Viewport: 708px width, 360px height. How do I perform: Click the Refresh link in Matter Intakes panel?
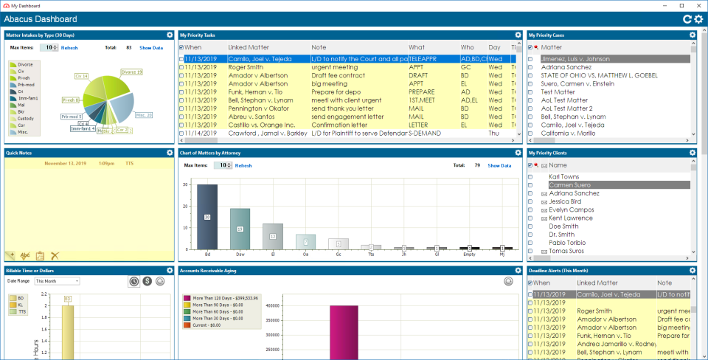(69, 47)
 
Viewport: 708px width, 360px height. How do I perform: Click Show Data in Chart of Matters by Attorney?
(499, 165)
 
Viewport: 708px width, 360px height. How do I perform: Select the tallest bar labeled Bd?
(207, 216)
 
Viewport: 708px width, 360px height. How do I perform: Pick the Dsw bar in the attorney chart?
(240, 229)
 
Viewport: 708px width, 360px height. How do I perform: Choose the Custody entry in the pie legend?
(25, 117)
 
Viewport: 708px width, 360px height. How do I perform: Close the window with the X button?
(697, 5)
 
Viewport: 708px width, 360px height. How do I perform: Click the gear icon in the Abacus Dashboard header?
(698, 19)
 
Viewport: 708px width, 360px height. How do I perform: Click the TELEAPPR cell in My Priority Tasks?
(426, 58)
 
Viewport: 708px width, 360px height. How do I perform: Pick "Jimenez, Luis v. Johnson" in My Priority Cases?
(575, 58)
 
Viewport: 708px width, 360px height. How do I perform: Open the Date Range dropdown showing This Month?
(57, 281)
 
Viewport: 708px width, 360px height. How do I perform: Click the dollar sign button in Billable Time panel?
(147, 281)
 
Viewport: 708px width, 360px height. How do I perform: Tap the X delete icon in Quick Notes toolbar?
(55, 255)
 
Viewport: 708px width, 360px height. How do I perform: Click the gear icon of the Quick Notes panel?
(169, 153)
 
